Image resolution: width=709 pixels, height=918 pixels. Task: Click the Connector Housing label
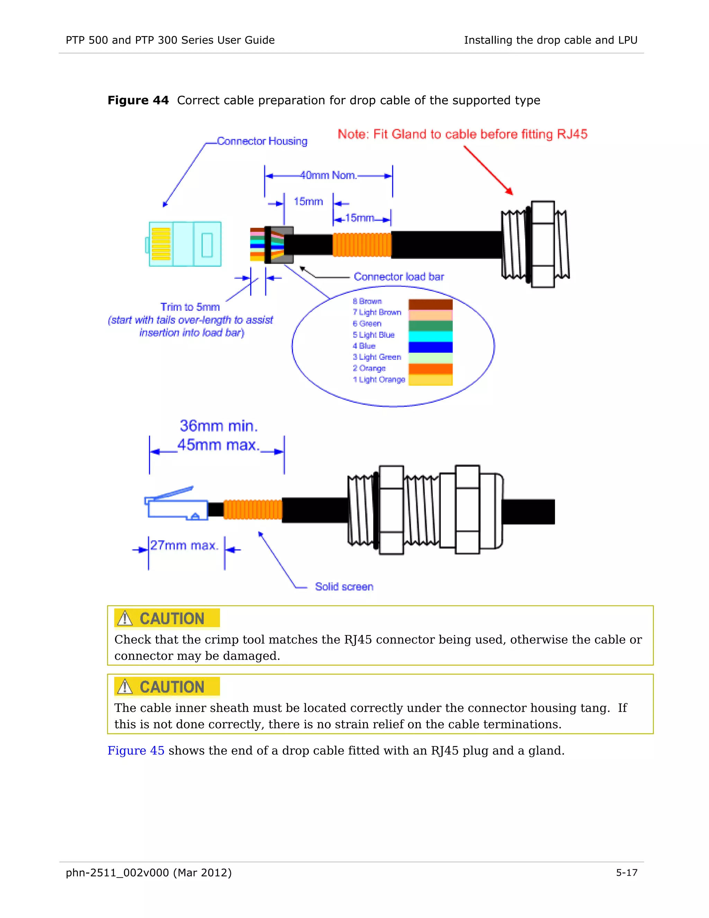pos(262,141)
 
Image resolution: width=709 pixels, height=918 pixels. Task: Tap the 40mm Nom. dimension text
pos(328,175)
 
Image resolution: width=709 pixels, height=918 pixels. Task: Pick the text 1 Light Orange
pos(379,380)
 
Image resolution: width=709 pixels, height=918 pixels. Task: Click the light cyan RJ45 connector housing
pos(185,244)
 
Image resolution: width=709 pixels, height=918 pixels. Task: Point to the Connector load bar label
pos(398,276)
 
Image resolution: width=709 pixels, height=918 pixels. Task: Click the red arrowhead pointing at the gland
pos(510,192)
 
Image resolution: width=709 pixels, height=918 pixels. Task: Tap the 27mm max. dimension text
pos(185,546)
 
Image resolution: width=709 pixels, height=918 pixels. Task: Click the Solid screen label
pos(344,587)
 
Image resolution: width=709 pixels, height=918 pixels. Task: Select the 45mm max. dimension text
pos(218,445)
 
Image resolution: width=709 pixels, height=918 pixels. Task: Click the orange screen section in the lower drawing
pos(252,510)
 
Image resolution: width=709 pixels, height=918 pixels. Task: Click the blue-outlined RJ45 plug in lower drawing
pos(177,506)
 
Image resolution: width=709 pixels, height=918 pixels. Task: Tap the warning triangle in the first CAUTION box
pos(125,619)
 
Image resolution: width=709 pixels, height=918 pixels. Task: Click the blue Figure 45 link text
pos(136,751)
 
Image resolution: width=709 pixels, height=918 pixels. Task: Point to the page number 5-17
pos(626,873)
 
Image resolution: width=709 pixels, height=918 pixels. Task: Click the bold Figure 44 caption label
pos(138,100)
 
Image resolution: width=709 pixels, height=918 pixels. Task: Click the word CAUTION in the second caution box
pos(172,687)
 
